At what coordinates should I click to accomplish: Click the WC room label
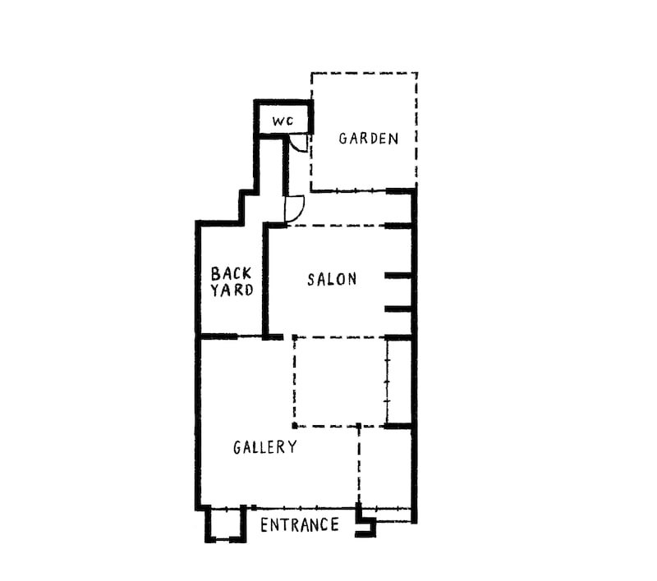(283, 121)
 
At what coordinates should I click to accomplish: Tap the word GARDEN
(368, 139)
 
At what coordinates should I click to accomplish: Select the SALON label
(332, 279)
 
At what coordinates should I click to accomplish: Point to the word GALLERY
(264, 447)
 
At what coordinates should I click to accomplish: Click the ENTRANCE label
(300, 525)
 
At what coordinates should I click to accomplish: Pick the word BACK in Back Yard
(231, 274)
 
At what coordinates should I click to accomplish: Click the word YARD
(232, 290)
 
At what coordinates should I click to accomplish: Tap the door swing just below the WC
(298, 144)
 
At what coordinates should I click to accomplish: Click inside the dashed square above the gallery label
(340, 382)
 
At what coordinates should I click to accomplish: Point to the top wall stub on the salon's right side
(398, 226)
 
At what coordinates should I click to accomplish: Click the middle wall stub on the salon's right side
(398, 276)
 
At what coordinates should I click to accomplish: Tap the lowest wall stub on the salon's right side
(398, 309)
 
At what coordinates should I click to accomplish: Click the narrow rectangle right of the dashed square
(399, 382)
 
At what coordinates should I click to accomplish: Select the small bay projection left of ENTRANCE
(224, 524)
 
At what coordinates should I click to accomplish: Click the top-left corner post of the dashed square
(295, 337)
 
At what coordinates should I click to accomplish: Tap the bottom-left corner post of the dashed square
(295, 426)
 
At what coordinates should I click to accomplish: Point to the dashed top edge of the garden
(364, 73)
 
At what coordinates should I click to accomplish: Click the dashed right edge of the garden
(416, 130)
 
